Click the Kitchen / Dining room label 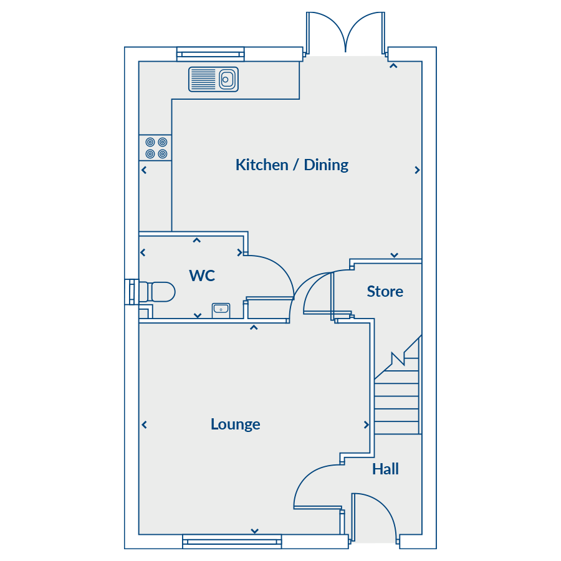[292, 165]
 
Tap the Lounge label [236, 424]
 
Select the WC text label [202, 276]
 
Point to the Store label [385, 291]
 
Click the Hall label [385, 469]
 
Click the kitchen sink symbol [213, 79]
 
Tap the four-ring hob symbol [156, 148]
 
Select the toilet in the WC [156, 292]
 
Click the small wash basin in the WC [221, 310]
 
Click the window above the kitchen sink [211, 54]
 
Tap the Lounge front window [232, 541]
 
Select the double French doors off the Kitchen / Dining [345, 34]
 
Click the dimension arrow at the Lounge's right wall [366, 424]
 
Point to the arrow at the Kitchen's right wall [417, 170]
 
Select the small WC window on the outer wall [132, 292]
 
